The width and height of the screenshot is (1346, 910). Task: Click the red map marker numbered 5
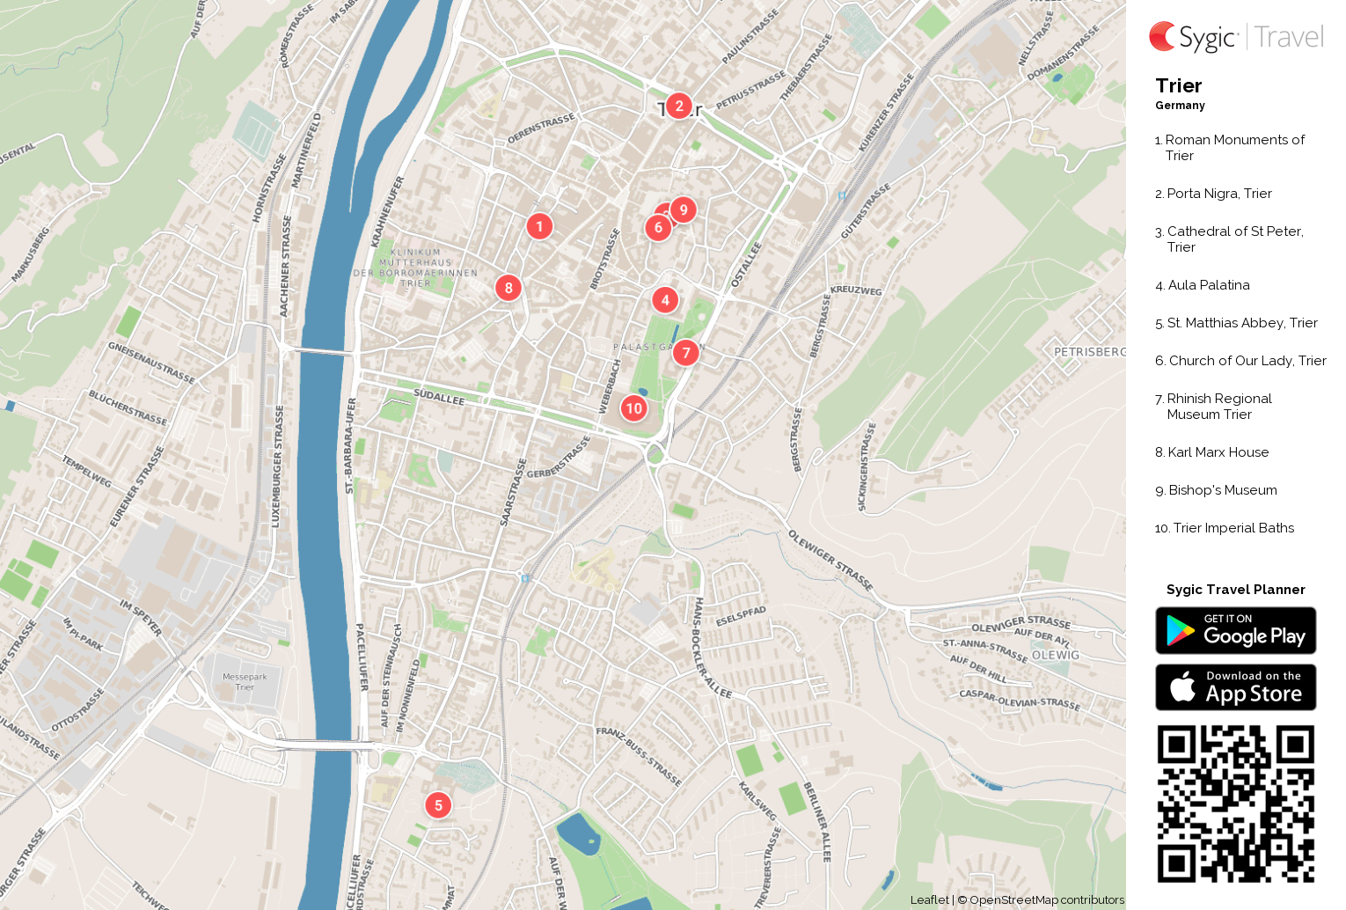point(438,805)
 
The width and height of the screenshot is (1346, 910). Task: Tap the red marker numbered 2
point(678,106)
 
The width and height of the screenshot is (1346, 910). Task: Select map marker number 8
point(508,288)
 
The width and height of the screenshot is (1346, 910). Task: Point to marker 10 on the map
point(633,408)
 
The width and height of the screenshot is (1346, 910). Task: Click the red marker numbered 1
point(539,226)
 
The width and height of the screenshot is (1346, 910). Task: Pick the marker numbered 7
point(686,353)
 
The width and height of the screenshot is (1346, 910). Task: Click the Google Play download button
point(1235,631)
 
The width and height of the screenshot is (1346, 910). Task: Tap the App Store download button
point(1235,687)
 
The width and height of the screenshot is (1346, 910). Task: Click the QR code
point(1235,804)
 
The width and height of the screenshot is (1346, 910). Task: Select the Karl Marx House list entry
point(1218,452)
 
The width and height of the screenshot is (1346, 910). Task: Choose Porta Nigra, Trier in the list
point(1218,194)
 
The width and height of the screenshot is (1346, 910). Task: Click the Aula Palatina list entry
point(1208,285)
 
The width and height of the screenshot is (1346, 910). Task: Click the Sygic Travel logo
point(1236,37)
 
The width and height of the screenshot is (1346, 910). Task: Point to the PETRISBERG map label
point(1089,352)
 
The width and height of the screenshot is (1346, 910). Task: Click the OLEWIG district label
point(1055,656)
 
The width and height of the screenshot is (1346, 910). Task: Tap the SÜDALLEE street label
point(439,397)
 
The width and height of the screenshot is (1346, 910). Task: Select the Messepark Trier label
point(245,682)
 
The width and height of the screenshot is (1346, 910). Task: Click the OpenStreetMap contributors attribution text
point(1046,900)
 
